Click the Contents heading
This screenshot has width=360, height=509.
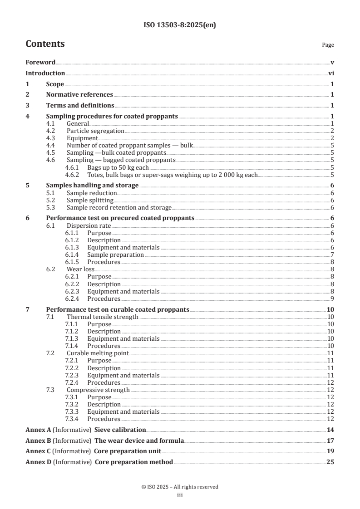click(x=45, y=44)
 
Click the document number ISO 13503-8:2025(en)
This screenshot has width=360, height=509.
click(x=179, y=25)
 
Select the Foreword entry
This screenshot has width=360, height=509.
click(x=40, y=63)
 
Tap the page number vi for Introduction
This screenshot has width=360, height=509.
click(x=331, y=73)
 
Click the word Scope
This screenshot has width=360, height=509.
click(x=55, y=84)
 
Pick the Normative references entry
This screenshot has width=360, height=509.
click(x=79, y=94)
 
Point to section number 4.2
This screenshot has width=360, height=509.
click(x=51, y=131)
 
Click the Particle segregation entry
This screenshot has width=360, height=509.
click(x=95, y=131)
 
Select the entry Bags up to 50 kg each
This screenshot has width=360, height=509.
click(x=118, y=167)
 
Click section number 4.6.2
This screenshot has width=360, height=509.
click(x=72, y=175)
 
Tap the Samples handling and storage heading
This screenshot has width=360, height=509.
click(x=93, y=186)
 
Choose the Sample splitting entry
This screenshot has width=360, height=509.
click(x=90, y=200)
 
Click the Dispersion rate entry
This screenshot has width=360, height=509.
click(x=89, y=225)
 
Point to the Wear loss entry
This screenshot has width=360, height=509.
click(x=81, y=269)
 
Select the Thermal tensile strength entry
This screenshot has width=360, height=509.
click(x=102, y=317)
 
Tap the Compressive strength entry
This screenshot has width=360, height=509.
click(x=98, y=390)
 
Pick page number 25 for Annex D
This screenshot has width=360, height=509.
click(x=330, y=462)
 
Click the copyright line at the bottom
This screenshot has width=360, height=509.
click(x=179, y=487)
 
